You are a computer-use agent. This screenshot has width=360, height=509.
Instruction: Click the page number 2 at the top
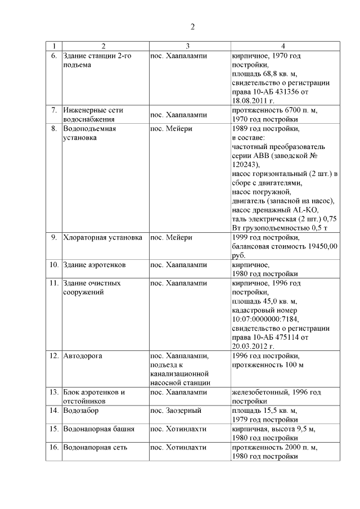(192, 26)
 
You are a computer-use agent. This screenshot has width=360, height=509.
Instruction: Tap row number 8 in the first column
(53, 128)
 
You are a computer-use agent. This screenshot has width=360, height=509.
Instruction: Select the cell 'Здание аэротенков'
(94, 264)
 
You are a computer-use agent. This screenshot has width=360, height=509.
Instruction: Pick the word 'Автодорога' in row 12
(83, 355)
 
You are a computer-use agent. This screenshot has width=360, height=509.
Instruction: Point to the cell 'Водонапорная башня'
(98, 429)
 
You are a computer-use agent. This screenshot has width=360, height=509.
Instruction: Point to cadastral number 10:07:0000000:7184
(265, 319)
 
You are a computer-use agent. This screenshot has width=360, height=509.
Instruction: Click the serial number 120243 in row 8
(244, 164)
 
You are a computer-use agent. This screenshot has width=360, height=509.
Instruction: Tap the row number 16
(53, 447)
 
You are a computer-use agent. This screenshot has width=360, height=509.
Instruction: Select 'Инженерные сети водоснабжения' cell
(93, 114)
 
